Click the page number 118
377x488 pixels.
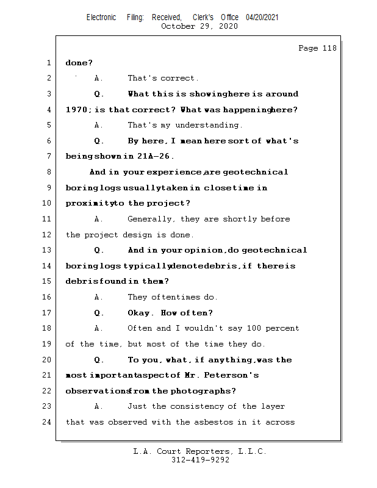[329, 48]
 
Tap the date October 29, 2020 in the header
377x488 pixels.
[199, 26]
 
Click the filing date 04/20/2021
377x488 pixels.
[262, 17]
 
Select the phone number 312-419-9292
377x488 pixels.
[200, 461]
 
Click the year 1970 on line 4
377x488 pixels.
[76, 110]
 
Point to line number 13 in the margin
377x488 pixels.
[48, 250]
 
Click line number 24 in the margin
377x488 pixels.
[48, 422]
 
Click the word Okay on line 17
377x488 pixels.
[140, 313]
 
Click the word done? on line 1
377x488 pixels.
[79, 63]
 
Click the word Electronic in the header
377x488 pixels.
[101, 17]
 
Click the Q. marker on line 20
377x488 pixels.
[99, 360]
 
